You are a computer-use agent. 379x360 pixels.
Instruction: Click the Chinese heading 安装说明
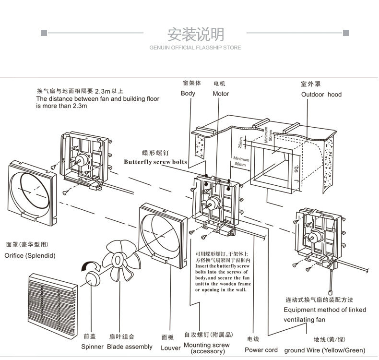(x=195, y=35)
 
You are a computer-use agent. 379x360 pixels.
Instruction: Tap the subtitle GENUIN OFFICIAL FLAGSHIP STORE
(x=195, y=48)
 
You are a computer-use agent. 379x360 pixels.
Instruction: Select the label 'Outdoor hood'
(x=321, y=95)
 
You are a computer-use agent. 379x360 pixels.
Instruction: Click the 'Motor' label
(x=221, y=94)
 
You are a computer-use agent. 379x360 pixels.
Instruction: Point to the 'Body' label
(x=188, y=93)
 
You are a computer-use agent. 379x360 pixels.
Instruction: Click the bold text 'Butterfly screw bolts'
(x=155, y=162)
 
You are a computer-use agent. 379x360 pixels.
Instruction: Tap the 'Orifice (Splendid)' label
(x=30, y=255)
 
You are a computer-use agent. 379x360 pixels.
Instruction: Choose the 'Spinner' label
(x=92, y=347)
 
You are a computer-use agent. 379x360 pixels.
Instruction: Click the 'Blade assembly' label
(x=130, y=347)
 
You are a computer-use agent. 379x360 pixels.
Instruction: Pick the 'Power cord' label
(x=261, y=350)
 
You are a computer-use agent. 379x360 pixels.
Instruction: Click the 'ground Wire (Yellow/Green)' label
(x=325, y=350)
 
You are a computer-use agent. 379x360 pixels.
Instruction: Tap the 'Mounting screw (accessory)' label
(x=207, y=348)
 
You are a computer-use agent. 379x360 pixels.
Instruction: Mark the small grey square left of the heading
(x=44, y=33)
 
